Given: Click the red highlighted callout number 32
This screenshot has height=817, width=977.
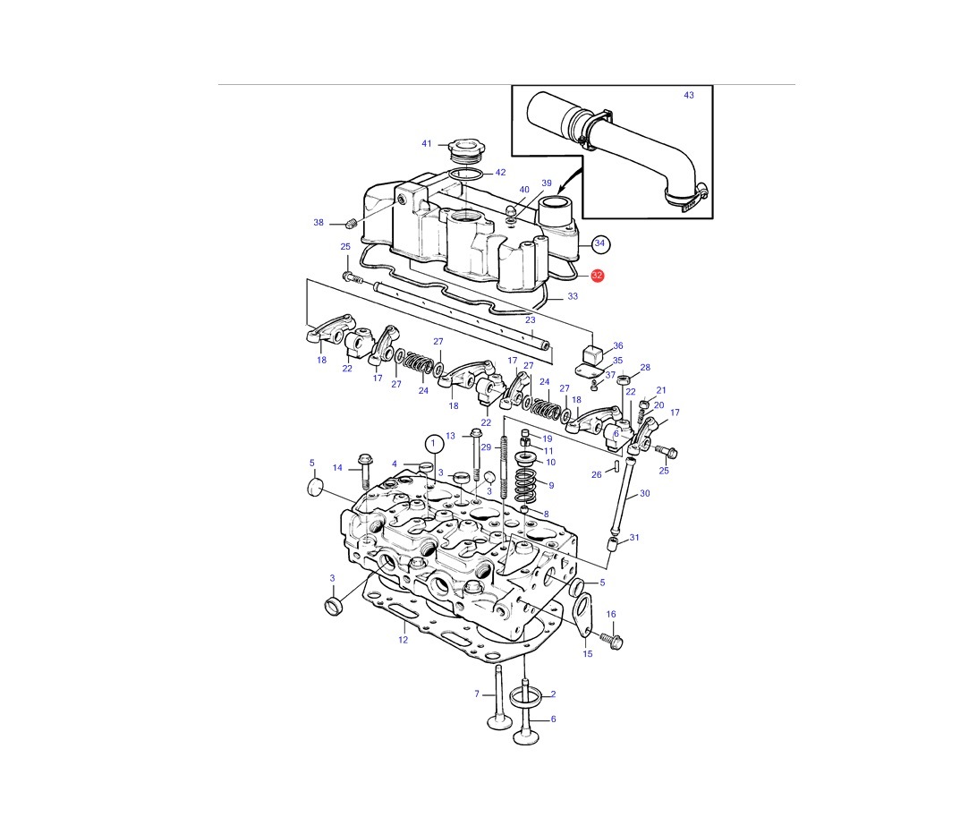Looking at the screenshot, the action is pos(597,276).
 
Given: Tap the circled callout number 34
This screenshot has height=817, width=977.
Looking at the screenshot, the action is pos(599,243).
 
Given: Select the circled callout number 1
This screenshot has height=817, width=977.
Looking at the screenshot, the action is pos(434,445).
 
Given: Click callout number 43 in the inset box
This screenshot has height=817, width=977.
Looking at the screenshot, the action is pos(689,96).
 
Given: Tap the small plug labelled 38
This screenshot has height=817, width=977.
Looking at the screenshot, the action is pos(351,224).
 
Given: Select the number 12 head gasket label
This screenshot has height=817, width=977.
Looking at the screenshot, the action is pos(404,640).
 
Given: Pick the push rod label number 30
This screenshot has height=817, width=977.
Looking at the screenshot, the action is pos(644,494).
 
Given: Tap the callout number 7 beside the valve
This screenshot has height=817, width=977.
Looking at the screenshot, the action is pos(477,694).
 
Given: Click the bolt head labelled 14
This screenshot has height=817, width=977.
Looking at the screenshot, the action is pos(364,462).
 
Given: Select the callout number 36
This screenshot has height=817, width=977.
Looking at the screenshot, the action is pos(617,346).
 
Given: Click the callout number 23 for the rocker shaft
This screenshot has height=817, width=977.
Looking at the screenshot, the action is pos(531,320).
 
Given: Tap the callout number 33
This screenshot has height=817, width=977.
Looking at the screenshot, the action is pos(573,296).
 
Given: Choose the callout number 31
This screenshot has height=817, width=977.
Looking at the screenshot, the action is pos(634,538).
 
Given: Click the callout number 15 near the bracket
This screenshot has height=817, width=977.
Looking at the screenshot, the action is pos(588,654).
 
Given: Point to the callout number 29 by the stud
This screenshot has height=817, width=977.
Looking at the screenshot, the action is pos(486,447).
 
